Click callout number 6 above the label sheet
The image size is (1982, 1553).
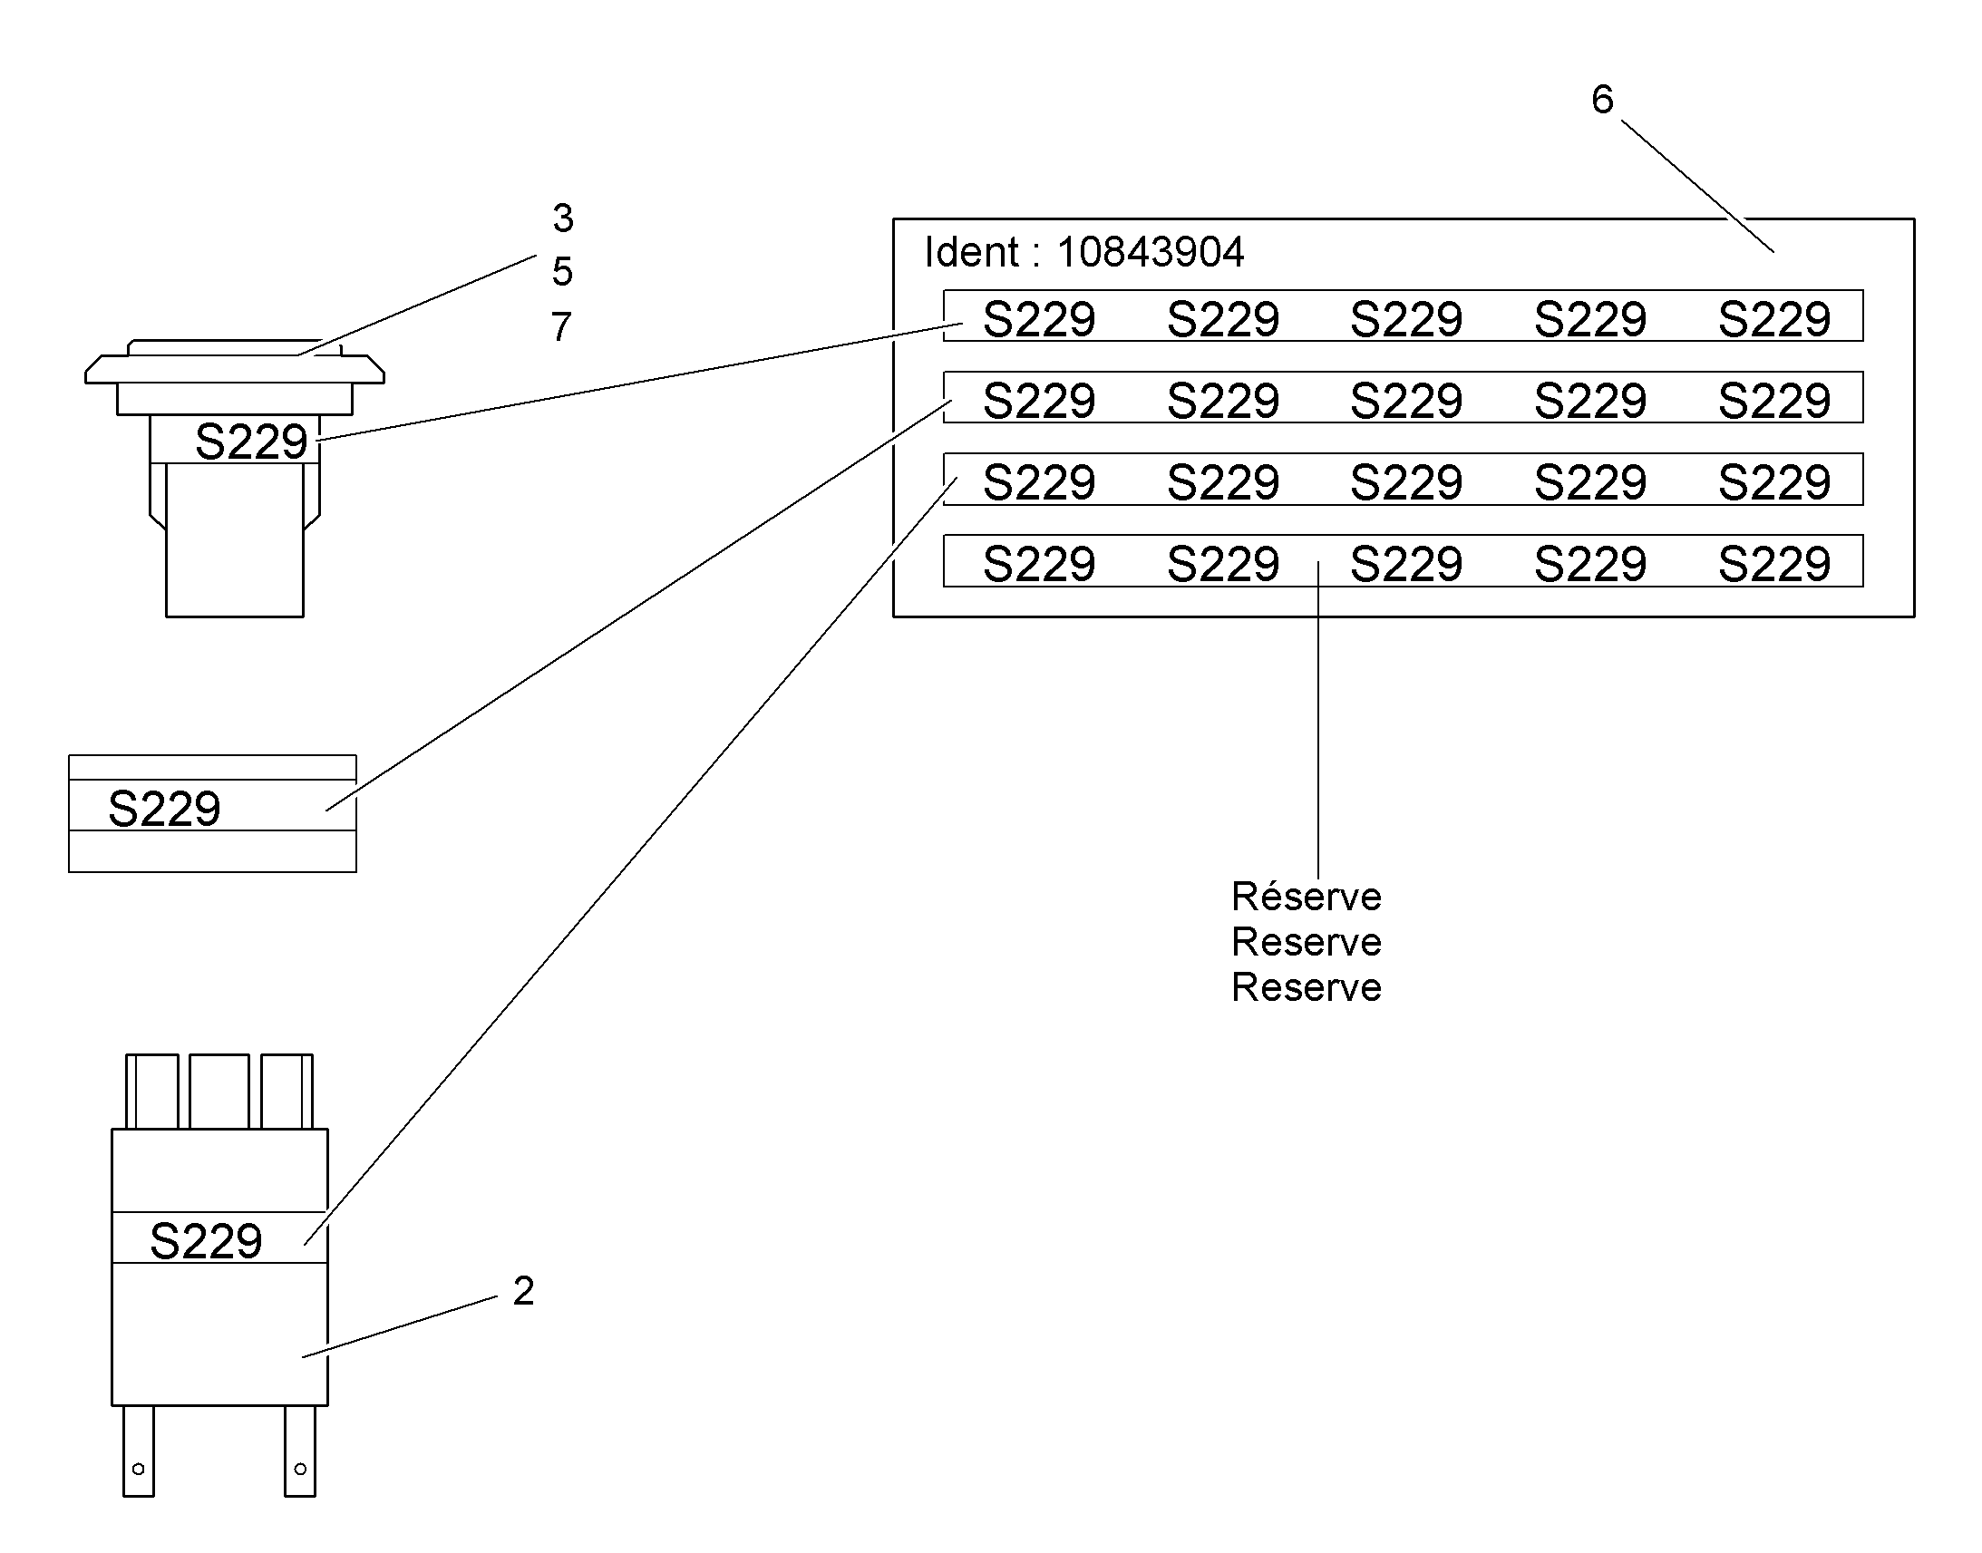point(1602,99)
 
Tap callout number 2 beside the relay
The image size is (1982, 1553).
point(524,1290)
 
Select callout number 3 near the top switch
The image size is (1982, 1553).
point(563,218)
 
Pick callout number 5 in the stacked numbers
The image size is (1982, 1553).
point(563,272)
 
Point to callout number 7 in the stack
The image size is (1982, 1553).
point(562,326)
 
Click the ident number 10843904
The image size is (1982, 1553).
point(1150,252)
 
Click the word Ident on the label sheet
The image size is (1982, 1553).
point(971,252)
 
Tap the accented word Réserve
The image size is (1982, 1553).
point(1307,897)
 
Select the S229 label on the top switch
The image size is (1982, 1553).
point(251,442)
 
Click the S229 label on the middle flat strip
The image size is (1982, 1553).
point(164,809)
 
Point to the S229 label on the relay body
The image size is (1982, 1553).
point(207,1241)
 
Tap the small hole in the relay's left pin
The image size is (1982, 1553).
point(138,1469)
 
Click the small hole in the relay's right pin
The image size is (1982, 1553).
point(300,1469)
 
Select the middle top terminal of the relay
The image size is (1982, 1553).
point(219,1092)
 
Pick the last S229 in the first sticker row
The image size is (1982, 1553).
point(1773,319)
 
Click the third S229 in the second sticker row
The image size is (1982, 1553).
point(1406,401)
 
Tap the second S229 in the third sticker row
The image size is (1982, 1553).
point(1223,482)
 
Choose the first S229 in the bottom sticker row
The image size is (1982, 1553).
point(1039,564)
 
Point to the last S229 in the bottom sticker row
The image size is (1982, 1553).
point(1773,564)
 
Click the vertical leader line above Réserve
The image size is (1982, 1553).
point(1318,720)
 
